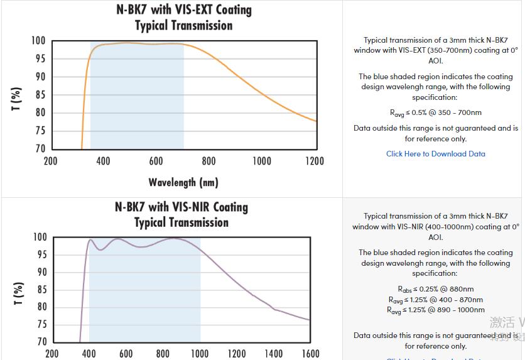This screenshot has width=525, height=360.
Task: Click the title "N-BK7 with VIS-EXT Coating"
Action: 183,10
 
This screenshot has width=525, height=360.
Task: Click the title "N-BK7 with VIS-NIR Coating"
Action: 181,207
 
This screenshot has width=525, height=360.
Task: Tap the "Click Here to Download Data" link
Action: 435,154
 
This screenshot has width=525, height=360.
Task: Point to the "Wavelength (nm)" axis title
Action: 183,182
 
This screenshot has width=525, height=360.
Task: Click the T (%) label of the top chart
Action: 17,100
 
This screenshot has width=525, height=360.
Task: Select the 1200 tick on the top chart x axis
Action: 315,161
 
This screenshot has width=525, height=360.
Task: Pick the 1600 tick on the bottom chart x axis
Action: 310,354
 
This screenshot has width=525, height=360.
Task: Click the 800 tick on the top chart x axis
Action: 209,161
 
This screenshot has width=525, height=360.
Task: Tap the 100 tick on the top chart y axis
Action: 38,41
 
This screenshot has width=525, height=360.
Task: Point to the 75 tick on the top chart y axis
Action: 40,131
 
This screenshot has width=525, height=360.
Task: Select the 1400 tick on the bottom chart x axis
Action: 273,354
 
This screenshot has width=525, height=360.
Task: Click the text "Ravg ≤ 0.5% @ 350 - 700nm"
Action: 435,113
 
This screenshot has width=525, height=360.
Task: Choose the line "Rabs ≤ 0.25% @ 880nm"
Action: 435,289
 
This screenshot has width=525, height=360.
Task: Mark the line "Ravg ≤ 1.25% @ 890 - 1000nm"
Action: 435,310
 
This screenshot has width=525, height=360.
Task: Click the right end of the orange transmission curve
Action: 316,121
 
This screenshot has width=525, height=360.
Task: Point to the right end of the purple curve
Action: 310,320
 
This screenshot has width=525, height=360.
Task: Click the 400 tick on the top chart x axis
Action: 104,161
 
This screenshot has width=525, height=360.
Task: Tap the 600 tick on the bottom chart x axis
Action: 126,354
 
